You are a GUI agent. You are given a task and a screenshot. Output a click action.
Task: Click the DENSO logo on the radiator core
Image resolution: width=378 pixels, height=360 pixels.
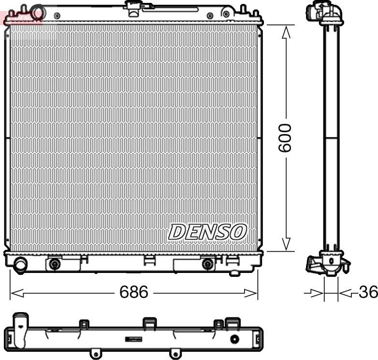tap(207, 232)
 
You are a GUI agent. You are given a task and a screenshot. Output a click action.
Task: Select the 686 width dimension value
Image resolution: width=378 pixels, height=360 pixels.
tap(134, 292)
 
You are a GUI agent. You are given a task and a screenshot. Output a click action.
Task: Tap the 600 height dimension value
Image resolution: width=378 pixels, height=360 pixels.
tap(285, 137)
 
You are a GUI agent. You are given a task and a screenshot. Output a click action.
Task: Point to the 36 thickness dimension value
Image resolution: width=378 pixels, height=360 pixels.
tap(368, 292)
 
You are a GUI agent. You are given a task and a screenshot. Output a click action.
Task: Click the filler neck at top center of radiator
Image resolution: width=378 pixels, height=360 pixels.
tap(131, 6)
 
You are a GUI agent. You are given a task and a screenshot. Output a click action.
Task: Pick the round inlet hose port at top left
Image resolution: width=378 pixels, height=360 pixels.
tap(36, 10)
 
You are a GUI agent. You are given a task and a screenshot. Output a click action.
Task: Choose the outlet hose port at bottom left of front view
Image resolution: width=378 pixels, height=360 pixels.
tap(21, 265)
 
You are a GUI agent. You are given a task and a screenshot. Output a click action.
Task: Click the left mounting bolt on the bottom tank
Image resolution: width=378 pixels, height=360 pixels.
tap(55, 264)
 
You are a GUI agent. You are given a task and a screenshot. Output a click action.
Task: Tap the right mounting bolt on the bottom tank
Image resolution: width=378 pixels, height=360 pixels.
tap(208, 264)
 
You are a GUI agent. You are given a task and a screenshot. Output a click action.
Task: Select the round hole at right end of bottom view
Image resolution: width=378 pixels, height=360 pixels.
tap(234, 339)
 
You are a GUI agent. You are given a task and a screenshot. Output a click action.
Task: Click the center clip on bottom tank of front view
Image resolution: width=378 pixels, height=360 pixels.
tap(149, 260)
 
